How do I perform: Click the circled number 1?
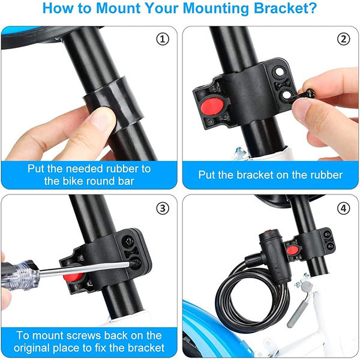tap(163, 39)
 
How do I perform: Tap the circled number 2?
tap(343, 39)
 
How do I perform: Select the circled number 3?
tap(163, 208)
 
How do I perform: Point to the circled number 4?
tap(343, 208)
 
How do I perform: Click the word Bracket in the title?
tap(285, 8)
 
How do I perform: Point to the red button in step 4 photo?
tap(293, 250)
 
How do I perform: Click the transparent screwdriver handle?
tap(19, 275)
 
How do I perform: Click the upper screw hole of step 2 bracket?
tap(279, 72)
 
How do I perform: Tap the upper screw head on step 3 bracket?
tap(128, 241)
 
